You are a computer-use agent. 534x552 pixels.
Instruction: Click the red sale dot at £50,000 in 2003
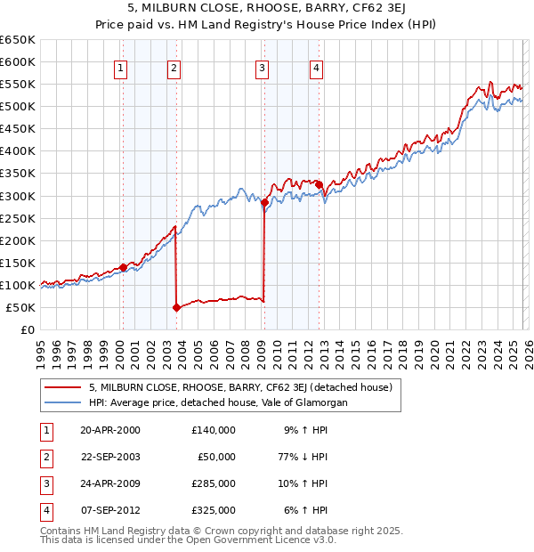176,307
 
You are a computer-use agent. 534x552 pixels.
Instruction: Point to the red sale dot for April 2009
264,202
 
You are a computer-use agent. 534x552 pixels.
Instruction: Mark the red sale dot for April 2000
123,267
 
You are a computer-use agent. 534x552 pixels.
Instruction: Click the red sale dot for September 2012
318,184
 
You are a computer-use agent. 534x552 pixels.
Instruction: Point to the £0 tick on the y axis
28,329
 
